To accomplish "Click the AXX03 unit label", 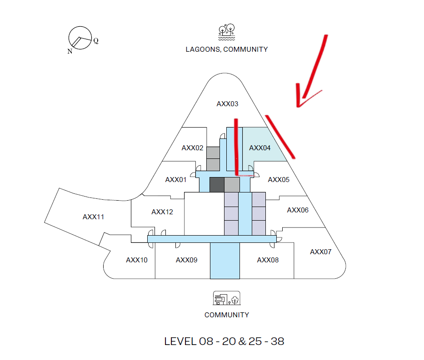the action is click(x=227, y=104).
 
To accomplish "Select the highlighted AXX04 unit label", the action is click(x=259, y=148).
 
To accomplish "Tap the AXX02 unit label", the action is click(x=192, y=148).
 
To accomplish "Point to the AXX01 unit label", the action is click(x=176, y=180).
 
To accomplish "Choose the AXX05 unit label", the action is click(x=279, y=180).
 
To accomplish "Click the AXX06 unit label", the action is click(x=298, y=210).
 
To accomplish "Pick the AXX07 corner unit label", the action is click(x=320, y=252).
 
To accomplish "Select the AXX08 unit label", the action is click(x=268, y=260).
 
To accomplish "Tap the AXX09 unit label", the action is click(x=187, y=260).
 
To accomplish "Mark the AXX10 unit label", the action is click(x=136, y=260).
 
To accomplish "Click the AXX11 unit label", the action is click(x=93, y=217).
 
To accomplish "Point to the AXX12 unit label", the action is click(x=162, y=212).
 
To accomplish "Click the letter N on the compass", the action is click(x=70, y=51).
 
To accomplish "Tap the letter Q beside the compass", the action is click(x=96, y=41).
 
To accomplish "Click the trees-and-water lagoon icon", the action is click(x=227, y=32).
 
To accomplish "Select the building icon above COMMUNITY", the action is click(x=227, y=298).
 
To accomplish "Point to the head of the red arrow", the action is click(x=298, y=106).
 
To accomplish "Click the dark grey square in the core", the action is click(x=217, y=185).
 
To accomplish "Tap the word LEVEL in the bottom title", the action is click(x=180, y=342).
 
